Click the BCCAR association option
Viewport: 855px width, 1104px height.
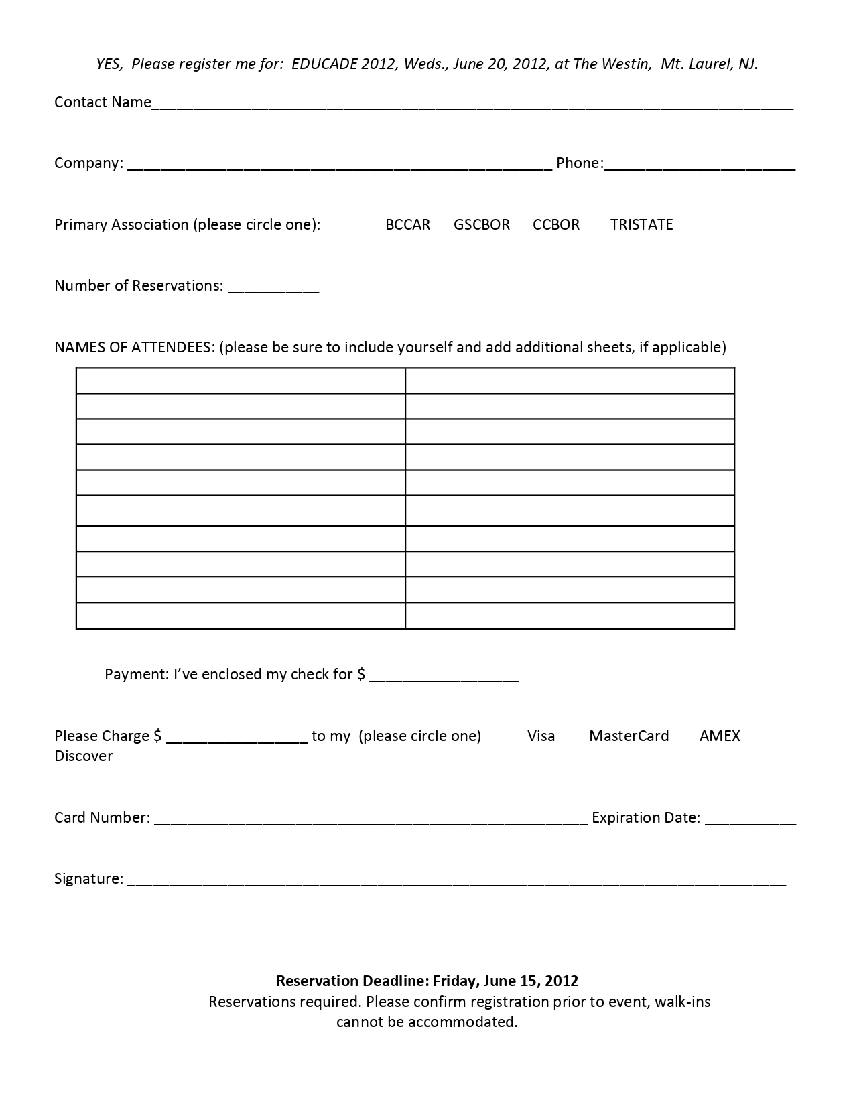click(407, 225)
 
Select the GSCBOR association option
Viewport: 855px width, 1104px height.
click(481, 225)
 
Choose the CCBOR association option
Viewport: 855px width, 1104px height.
click(555, 225)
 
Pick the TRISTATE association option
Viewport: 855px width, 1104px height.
click(641, 225)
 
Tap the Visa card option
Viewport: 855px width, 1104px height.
click(541, 736)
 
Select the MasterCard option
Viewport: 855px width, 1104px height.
click(629, 736)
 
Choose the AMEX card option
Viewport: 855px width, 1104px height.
click(720, 736)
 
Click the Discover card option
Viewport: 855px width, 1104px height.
click(83, 756)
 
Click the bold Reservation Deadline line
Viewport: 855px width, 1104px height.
click(427, 981)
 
